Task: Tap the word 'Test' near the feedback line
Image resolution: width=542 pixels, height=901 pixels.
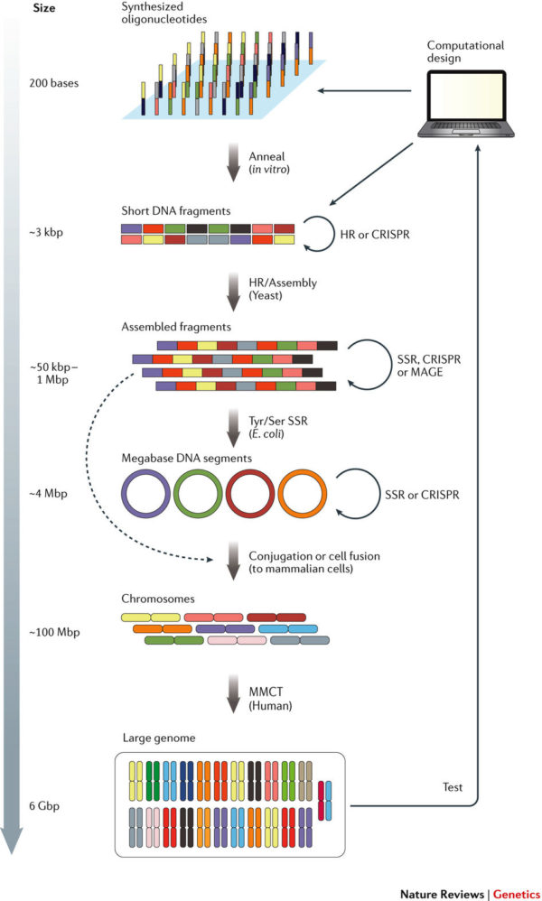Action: pos(453,787)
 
